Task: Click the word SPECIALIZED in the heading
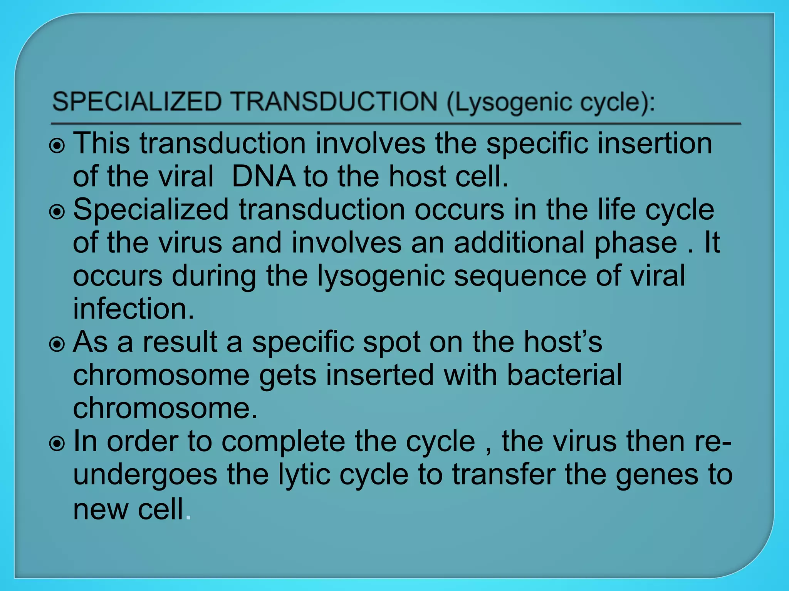coord(137,102)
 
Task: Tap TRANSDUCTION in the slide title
coord(334,102)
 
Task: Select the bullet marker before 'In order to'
coord(57,444)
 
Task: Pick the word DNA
coord(264,176)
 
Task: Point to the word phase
coord(636,243)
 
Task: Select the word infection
coord(133,309)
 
